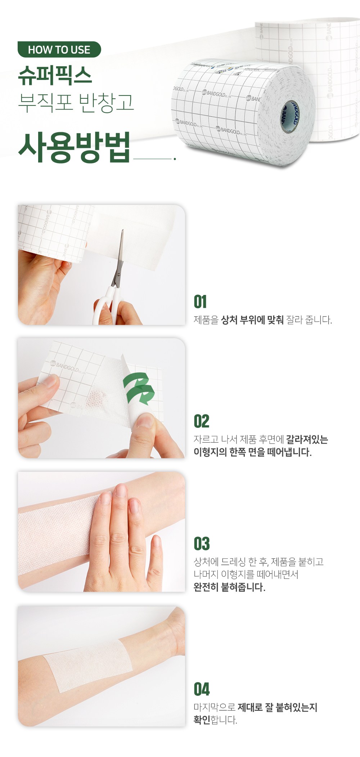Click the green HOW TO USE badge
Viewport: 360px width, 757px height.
point(59,49)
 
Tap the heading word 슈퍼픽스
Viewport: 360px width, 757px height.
point(55,76)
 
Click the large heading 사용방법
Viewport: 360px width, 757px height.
point(74,147)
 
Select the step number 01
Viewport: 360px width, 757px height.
point(200,302)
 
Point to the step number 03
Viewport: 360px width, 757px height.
point(202,544)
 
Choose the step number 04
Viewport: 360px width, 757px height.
point(202,689)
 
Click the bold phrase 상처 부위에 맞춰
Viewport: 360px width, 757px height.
point(252,320)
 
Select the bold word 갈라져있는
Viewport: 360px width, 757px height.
point(307,439)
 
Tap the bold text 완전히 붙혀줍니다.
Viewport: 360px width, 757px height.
point(229,587)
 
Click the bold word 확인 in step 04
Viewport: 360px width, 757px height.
point(202,720)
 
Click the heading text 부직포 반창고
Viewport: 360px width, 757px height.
point(76,103)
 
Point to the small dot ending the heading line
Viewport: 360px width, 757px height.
point(175,158)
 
